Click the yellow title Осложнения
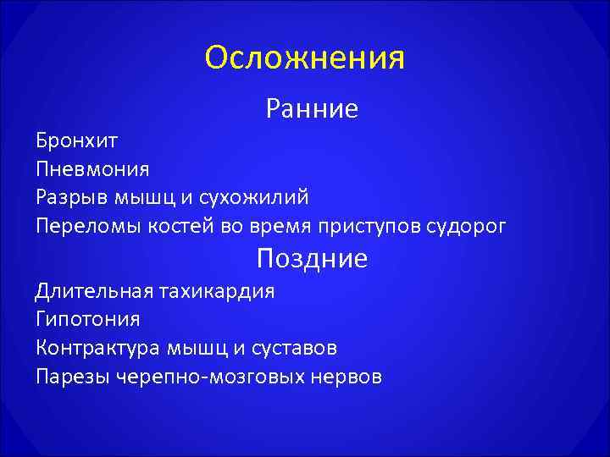305,58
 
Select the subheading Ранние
312,108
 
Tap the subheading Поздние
312,258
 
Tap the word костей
172,227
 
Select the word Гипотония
88,321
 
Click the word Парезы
70,377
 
